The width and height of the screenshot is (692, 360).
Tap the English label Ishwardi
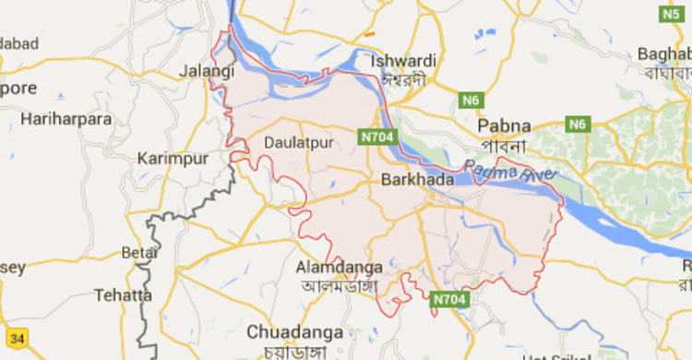pos(403,61)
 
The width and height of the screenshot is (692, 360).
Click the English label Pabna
pos(504,126)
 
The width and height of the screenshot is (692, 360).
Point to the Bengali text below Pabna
pos(503,146)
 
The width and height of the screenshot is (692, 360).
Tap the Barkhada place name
pos(417,181)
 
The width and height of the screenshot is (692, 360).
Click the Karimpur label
pos(173,159)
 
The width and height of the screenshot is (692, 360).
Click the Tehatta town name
pos(123,295)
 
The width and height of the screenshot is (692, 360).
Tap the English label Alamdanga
pos(339,268)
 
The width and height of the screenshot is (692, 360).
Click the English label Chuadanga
pos(295,331)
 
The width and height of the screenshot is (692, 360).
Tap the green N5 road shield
pos(673,14)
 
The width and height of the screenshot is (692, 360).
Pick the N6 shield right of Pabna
pos(579,124)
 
